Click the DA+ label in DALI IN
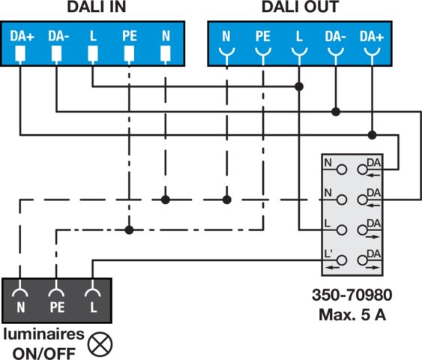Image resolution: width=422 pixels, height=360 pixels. (x=22, y=36)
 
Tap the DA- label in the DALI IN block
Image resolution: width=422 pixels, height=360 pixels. (x=58, y=36)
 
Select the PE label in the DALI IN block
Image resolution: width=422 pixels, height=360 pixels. (x=130, y=36)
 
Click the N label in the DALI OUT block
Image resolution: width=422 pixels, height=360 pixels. (x=226, y=36)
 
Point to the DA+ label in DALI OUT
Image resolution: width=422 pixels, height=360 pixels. (x=372, y=36)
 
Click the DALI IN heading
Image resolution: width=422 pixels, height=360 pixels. (x=97, y=7)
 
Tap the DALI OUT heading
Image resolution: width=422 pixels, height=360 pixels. (x=300, y=7)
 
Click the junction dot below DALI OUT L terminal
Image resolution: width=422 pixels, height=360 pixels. (x=299, y=87)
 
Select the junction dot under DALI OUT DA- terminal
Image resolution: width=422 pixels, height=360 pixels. (x=336, y=112)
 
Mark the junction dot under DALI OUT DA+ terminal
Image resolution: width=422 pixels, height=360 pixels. (x=373, y=135)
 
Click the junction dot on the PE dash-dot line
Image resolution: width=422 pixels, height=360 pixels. (x=129, y=230)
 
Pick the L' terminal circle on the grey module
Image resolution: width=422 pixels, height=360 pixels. (x=342, y=260)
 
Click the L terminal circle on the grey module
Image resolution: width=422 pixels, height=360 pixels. (x=342, y=230)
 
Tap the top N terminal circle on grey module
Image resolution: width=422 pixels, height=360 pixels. (x=342, y=169)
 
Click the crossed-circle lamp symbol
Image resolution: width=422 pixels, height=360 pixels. (x=100, y=344)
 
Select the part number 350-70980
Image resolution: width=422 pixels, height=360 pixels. (x=352, y=295)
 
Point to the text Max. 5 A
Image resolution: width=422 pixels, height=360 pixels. (x=352, y=314)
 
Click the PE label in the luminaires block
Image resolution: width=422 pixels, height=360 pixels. (x=57, y=307)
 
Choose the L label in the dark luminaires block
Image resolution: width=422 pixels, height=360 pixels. (x=94, y=307)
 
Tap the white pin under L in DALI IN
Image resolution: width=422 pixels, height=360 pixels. (x=93, y=53)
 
